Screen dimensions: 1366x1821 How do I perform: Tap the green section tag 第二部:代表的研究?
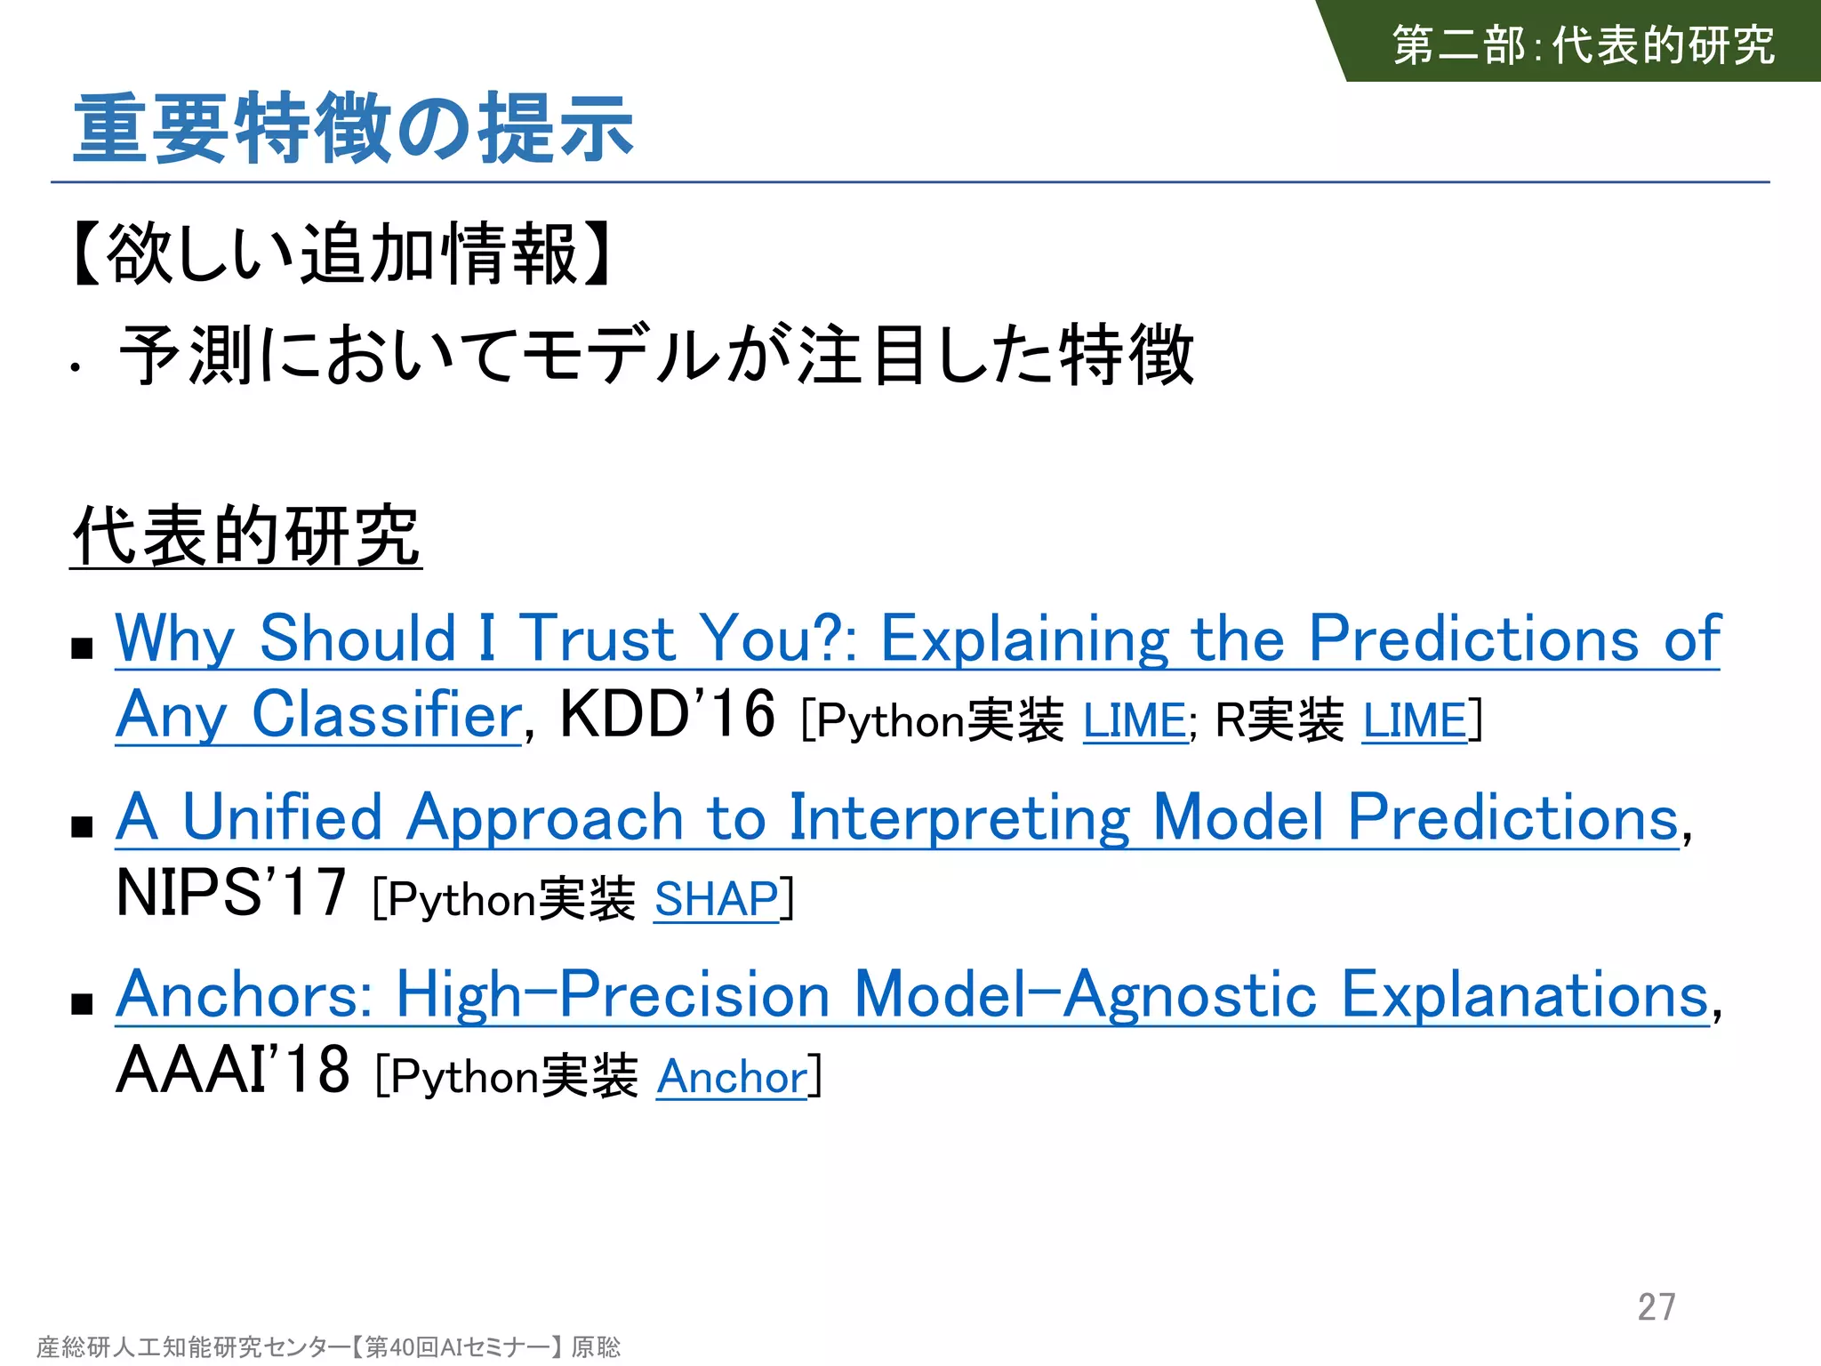pyautogui.click(x=1583, y=44)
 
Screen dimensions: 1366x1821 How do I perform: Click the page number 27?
pyautogui.click(x=1657, y=1306)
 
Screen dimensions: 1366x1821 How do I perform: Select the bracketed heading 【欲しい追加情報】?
pyautogui.click(x=341, y=255)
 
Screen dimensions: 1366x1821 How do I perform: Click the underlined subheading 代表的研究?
pyautogui.click(x=245, y=535)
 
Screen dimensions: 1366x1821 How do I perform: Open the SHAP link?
pyautogui.click(x=717, y=899)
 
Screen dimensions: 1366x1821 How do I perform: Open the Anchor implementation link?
pyautogui.click(x=732, y=1077)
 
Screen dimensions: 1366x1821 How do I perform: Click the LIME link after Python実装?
pyautogui.click(x=1135, y=720)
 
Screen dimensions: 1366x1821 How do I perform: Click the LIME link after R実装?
pyautogui.click(x=1415, y=720)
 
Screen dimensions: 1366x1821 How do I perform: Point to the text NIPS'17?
pyautogui.click(x=231, y=893)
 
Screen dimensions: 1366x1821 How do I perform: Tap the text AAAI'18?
pyautogui.click(x=233, y=1070)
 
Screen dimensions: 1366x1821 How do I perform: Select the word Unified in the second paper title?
pyautogui.click(x=282, y=817)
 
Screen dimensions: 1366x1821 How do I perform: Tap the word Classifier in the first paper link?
pyautogui.click(x=387, y=714)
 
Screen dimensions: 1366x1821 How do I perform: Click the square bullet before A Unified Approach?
pyautogui.click(x=83, y=826)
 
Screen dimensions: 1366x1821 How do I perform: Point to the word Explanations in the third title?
pyautogui.click(x=1524, y=995)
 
